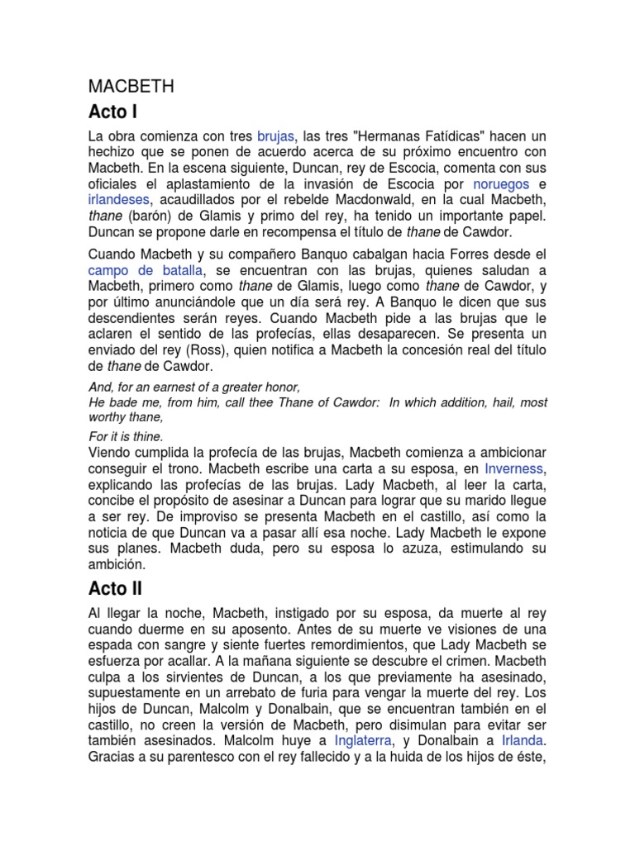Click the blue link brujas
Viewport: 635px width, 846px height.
click(x=275, y=135)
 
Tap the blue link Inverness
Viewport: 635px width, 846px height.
click(x=512, y=468)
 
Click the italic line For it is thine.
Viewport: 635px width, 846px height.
click(x=126, y=435)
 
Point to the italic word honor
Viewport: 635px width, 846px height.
click(x=279, y=387)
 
